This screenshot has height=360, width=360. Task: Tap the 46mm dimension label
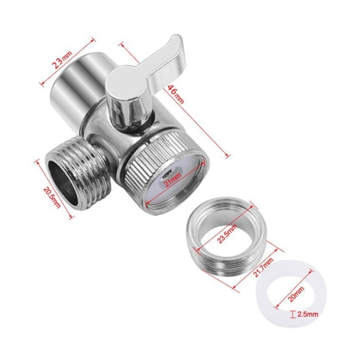click(x=176, y=94)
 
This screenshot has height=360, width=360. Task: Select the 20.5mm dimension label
click(x=51, y=197)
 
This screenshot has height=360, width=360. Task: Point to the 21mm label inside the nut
click(x=172, y=179)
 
